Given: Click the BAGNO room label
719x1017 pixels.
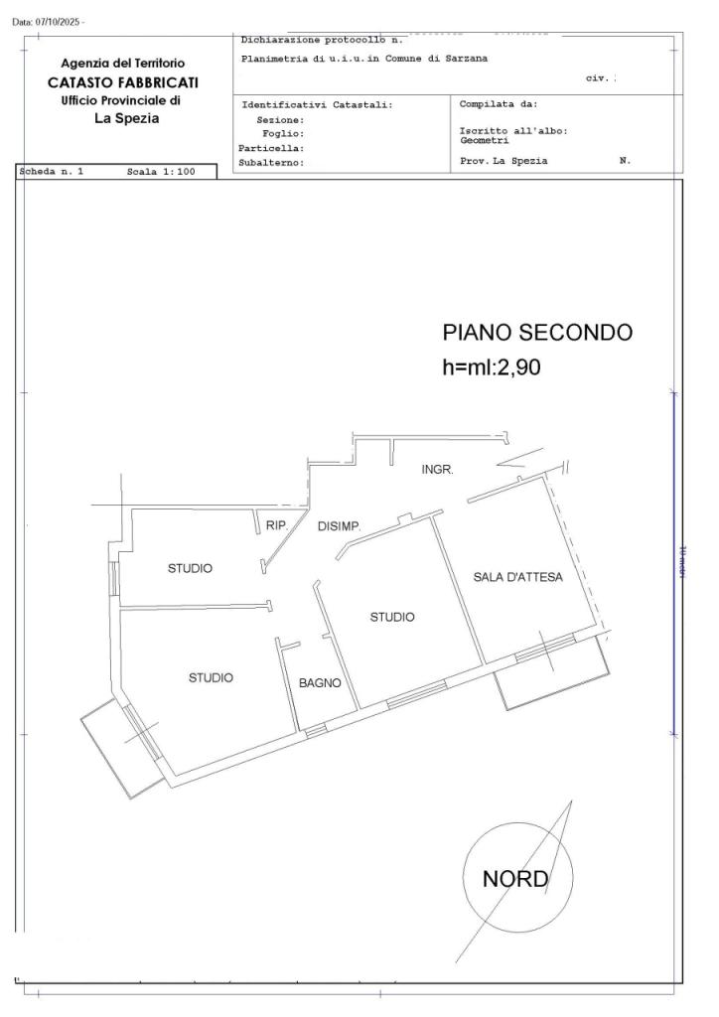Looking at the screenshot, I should click(320, 683).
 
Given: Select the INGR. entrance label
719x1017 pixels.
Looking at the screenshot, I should click(437, 470).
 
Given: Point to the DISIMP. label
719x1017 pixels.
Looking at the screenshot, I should click(339, 526).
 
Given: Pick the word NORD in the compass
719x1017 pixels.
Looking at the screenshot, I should click(514, 879).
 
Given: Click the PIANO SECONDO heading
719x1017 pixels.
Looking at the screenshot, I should click(536, 333).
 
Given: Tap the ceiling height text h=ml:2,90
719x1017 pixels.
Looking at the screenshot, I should click(491, 366).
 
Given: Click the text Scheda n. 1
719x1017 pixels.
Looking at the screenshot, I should click(52, 172).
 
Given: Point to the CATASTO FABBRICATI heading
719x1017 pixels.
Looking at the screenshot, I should click(123, 81).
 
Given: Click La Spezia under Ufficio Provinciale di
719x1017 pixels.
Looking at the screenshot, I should click(126, 118).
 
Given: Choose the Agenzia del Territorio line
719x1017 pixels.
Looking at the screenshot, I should click(123, 64).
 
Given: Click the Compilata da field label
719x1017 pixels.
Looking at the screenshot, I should click(498, 103).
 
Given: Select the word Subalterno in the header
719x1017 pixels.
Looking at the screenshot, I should click(270, 161).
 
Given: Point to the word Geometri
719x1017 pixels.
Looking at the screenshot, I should click(484, 140).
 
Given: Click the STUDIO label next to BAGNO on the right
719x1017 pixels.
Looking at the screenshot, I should click(392, 617).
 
